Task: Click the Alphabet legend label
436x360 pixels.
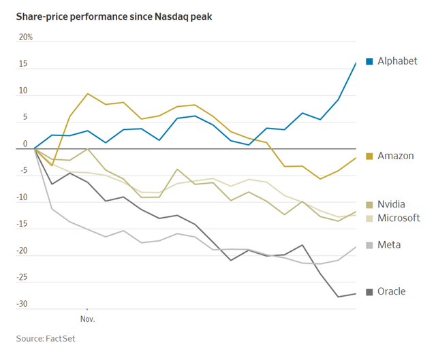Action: pyautogui.click(x=397, y=61)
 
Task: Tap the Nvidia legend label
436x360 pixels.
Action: pyautogui.click(x=392, y=204)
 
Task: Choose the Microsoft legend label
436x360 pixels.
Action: pyautogui.click(x=399, y=218)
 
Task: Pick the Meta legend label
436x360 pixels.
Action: pyautogui.click(x=389, y=244)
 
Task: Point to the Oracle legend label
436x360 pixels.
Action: pyautogui.click(x=392, y=291)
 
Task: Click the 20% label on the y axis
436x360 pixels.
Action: pyautogui.click(x=26, y=37)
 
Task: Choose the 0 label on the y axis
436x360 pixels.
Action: pyautogui.click(x=26, y=144)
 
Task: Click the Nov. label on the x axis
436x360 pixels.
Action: pyautogui.click(x=87, y=318)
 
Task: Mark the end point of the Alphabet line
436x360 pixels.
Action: pyautogui.click(x=356, y=63)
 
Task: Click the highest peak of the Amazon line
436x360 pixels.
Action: pyautogui.click(x=87, y=94)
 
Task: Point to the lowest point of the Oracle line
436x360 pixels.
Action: pyautogui.click(x=339, y=297)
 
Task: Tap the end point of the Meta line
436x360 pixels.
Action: pyautogui.click(x=356, y=247)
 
